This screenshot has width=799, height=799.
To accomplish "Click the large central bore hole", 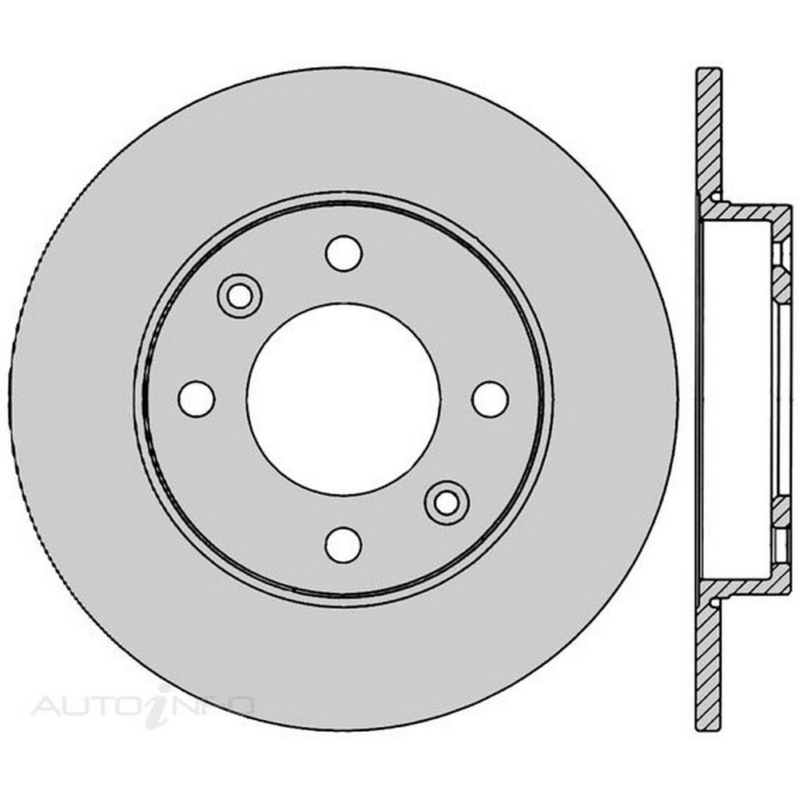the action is [344, 399].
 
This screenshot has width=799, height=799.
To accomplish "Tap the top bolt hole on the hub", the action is [344, 253].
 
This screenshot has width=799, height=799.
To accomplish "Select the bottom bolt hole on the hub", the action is [344, 545].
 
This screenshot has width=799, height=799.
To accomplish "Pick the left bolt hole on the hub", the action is [197, 399].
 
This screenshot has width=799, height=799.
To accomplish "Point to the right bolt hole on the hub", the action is [491, 399].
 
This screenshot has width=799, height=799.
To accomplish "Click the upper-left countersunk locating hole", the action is [240, 296].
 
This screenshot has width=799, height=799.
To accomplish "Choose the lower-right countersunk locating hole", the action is [447, 503].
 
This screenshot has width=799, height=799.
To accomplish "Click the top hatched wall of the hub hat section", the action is [745, 213].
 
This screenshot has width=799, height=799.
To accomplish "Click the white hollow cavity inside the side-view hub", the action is [737, 399].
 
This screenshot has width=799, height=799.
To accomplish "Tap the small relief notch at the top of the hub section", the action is [716, 197].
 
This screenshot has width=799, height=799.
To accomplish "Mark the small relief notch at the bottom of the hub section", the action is [716, 602].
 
